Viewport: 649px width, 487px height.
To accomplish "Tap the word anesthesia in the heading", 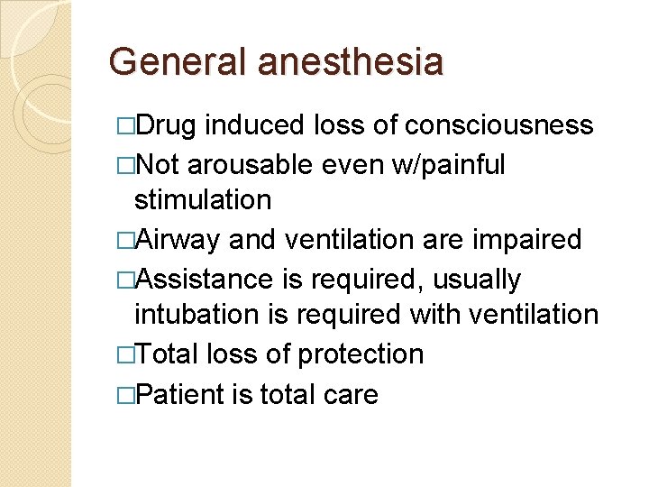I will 351,62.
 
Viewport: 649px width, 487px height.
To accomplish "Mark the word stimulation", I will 203,199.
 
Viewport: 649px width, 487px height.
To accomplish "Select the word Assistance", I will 206,279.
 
